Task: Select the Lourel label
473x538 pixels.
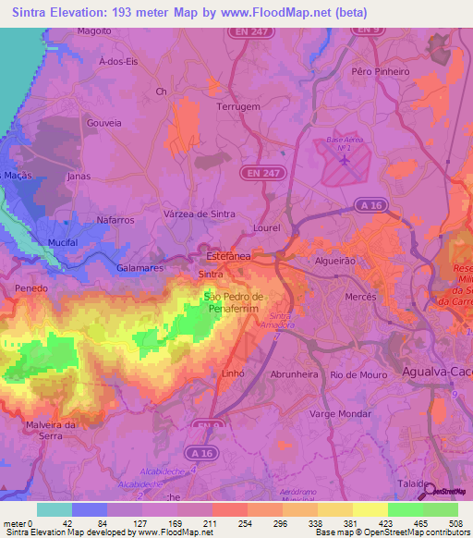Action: [266, 226]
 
